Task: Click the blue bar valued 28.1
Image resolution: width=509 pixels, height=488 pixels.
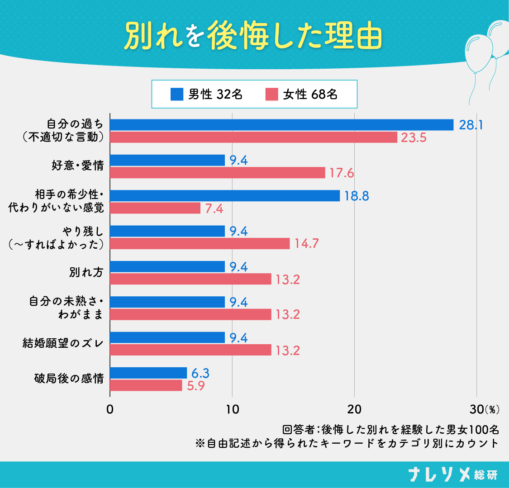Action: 281,125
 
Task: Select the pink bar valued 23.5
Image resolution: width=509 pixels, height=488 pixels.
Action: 253,137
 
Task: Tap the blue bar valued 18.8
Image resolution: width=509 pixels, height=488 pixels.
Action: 225,195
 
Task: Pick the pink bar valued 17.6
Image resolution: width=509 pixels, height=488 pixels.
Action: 218,173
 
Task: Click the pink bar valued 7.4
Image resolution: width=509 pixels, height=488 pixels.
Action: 155,208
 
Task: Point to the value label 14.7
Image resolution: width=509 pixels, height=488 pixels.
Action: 307,244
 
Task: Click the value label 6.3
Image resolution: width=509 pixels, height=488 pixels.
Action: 200,373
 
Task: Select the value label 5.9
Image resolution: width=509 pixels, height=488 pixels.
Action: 196,386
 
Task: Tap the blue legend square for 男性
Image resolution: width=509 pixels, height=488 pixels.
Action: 176,94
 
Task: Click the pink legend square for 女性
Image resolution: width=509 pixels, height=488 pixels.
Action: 271,94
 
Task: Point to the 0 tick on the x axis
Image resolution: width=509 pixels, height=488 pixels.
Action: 110,409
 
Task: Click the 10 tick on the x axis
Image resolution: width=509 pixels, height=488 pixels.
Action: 232,409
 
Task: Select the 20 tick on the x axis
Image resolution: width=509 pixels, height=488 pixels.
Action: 354,409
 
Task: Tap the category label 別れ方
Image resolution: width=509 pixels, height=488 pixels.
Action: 86,273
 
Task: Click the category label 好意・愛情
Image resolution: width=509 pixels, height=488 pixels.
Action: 78,166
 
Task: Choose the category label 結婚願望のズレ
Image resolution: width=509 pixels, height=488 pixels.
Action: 63,344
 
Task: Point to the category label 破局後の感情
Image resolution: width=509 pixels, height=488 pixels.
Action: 69,379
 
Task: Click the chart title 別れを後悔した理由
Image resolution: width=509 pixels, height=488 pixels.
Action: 253,36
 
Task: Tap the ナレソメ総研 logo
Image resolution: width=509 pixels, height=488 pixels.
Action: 452,474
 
